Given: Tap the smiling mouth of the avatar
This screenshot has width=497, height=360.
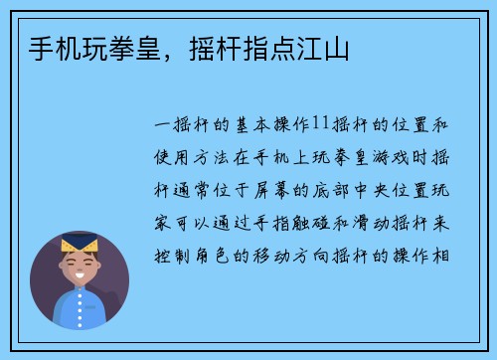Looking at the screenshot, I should pyautogui.click(x=77, y=279).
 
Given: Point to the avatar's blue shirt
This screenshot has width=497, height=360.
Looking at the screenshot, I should pyautogui.click(x=80, y=310).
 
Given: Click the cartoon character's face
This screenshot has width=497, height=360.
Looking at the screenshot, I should pyautogui.click(x=77, y=268).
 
